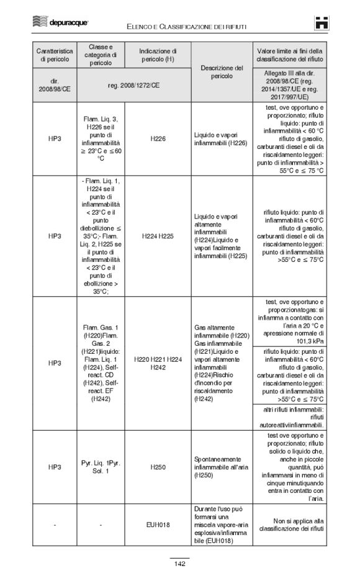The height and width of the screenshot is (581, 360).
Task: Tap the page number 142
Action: (179, 564)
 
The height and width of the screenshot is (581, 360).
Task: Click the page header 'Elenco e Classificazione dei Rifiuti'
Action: (186, 26)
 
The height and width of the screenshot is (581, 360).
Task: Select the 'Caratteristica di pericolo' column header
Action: (55, 55)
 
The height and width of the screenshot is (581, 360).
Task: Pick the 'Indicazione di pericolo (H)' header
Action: (158, 55)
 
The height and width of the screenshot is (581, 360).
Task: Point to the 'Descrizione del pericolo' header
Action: (222, 71)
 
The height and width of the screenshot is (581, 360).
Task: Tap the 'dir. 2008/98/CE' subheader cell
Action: (55, 85)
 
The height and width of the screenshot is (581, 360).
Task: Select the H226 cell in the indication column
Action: (158, 139)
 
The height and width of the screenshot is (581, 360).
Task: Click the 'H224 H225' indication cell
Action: (158, 236)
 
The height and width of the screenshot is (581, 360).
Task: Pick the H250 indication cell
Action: (158, 466)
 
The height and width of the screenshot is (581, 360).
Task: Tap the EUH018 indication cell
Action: (158, 525)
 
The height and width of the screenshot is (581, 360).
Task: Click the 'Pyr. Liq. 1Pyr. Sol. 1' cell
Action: (101, 466)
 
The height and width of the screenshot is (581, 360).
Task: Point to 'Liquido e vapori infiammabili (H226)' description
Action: (222, 139)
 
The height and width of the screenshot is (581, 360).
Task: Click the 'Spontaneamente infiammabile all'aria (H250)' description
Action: (222, 466)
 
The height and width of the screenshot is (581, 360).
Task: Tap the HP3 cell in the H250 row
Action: (55, 466)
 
